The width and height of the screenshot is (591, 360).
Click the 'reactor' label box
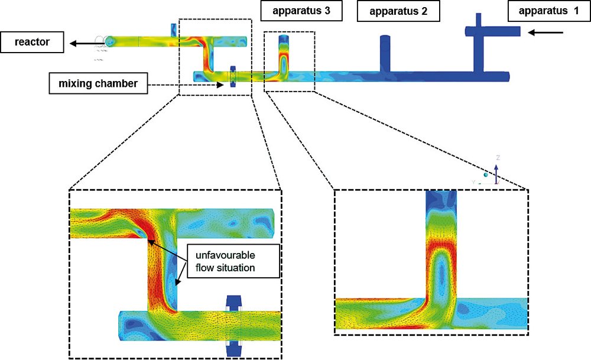[x=33, y=42]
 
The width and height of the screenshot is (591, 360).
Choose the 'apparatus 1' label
[x=540, y=11]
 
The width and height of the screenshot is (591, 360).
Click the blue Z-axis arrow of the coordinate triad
[x=496, y=172]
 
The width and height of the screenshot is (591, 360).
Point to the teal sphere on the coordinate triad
[x=486, y=175]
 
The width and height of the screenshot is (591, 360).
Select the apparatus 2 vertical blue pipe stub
[x=385, y=53]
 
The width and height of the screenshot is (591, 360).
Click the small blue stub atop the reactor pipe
[x=173, y=30]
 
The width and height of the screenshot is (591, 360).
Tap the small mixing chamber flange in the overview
[x=232, y=77]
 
